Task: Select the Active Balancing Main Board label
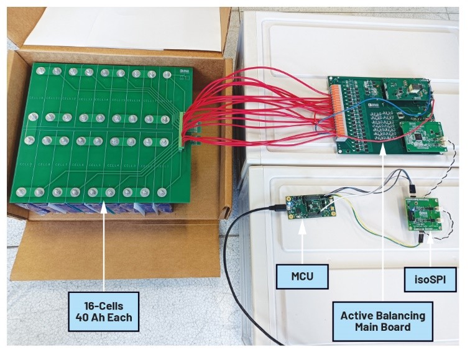click(382, 321)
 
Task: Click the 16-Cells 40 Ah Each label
click(103, 312)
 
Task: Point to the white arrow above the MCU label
click(302, 242)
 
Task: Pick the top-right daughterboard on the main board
click(407, 90)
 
